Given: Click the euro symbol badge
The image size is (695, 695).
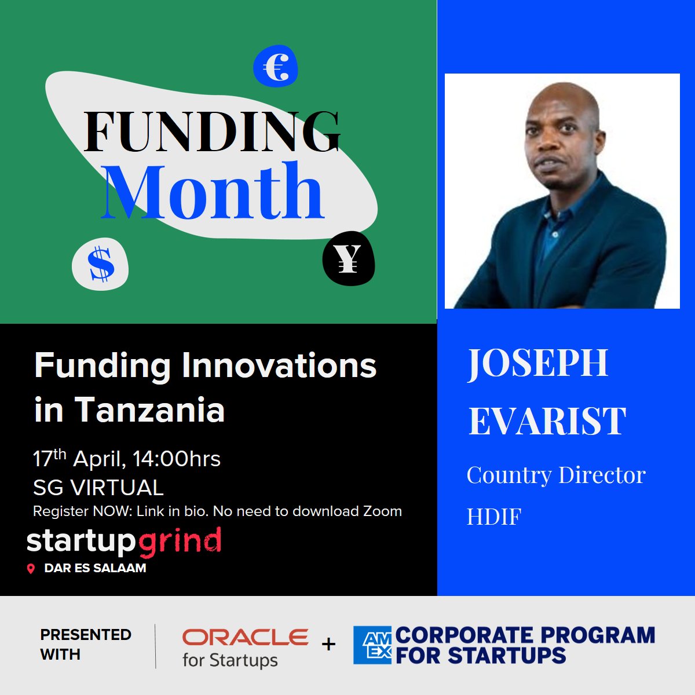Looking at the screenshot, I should coord(276,67).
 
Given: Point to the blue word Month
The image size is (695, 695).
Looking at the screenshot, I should coord(213,192).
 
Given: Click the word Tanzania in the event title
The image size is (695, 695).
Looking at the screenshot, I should coord(149,409).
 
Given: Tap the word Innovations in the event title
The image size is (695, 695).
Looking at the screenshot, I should coord(279,366).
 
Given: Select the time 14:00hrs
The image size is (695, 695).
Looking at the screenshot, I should coord(177,459).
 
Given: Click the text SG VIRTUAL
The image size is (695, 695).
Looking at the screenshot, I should coord(98,488).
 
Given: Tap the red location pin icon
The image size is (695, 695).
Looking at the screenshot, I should coord(31,569).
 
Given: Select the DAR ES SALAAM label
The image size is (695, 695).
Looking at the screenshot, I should coord(95,568).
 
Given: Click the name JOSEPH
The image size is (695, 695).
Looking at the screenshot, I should coord(537,363).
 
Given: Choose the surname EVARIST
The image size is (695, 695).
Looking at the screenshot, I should coord(547,420).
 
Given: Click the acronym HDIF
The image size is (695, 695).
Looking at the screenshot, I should coord(494,517).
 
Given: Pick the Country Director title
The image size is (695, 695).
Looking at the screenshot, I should coord(556,475).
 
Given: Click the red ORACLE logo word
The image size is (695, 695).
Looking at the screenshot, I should coord(246,638).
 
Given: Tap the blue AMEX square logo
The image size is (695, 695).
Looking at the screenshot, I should coord(373,645).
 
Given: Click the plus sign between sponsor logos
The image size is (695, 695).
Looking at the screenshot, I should coord(329,644).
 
